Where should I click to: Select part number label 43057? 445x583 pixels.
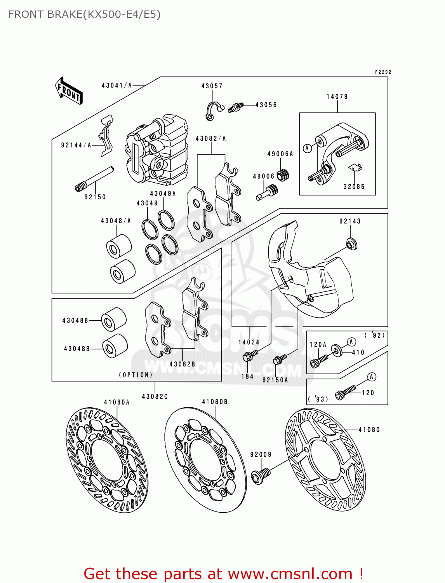pos(212,86)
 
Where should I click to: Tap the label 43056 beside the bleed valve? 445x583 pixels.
pos(266,105)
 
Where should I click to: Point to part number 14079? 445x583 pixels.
pos(337,96)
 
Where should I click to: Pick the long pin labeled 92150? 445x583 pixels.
pos(94,179)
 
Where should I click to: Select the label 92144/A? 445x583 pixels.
pos(76,145)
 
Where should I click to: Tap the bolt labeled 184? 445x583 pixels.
pos(250,355)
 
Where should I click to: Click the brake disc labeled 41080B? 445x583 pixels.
pos(205,459)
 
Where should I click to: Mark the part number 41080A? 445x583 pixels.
pos(116,402)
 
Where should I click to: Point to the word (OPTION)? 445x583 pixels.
pos(136,375)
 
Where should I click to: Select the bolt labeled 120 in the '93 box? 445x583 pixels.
pos(345,393)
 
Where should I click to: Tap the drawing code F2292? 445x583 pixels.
pos(383,72)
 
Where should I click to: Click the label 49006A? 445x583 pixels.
pos(280,154)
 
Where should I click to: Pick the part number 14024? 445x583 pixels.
pos(249,342)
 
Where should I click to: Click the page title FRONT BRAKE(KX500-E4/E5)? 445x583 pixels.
pos(84,14)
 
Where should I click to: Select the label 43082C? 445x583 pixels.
pos(155,396)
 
